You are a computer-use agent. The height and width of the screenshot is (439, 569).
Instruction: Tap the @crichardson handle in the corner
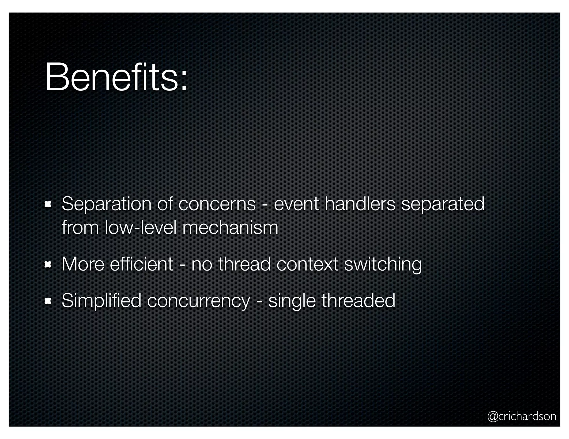coord(521,416)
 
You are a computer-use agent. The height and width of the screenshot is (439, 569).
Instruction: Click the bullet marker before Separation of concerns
coord(48,205)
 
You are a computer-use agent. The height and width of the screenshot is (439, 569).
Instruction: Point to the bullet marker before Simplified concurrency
coord(48,301)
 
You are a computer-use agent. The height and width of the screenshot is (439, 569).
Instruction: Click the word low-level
coord(141,228)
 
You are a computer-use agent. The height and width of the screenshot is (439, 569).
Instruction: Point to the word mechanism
coord(230,228)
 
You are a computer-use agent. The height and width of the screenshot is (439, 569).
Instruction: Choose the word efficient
coord(141,264)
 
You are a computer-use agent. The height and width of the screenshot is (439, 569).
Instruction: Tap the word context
coord(307,264)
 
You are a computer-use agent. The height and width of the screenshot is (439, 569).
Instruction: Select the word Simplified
coord(101,301)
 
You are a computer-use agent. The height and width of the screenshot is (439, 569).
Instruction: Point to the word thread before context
coord(244,264)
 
